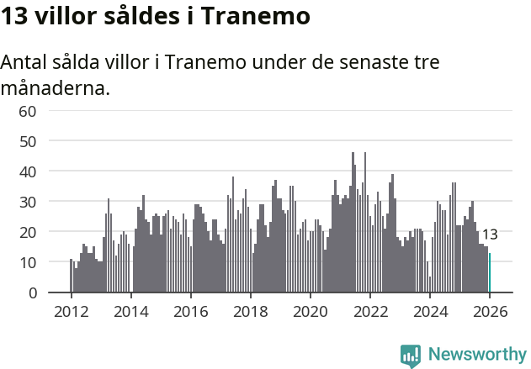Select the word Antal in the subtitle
click(25, 62)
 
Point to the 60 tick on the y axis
click(27, 111)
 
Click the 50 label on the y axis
click(27, 141)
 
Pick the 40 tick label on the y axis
click(27, 171)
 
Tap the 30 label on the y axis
click(27, 202)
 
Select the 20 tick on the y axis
click(27, 232)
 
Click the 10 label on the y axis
click(27, 262)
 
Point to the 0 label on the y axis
click(32, 293)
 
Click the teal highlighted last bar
click(490, 273)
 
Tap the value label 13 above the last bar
click(490, 235)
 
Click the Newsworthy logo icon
click(411, 356)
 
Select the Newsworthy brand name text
click(476, 355)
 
